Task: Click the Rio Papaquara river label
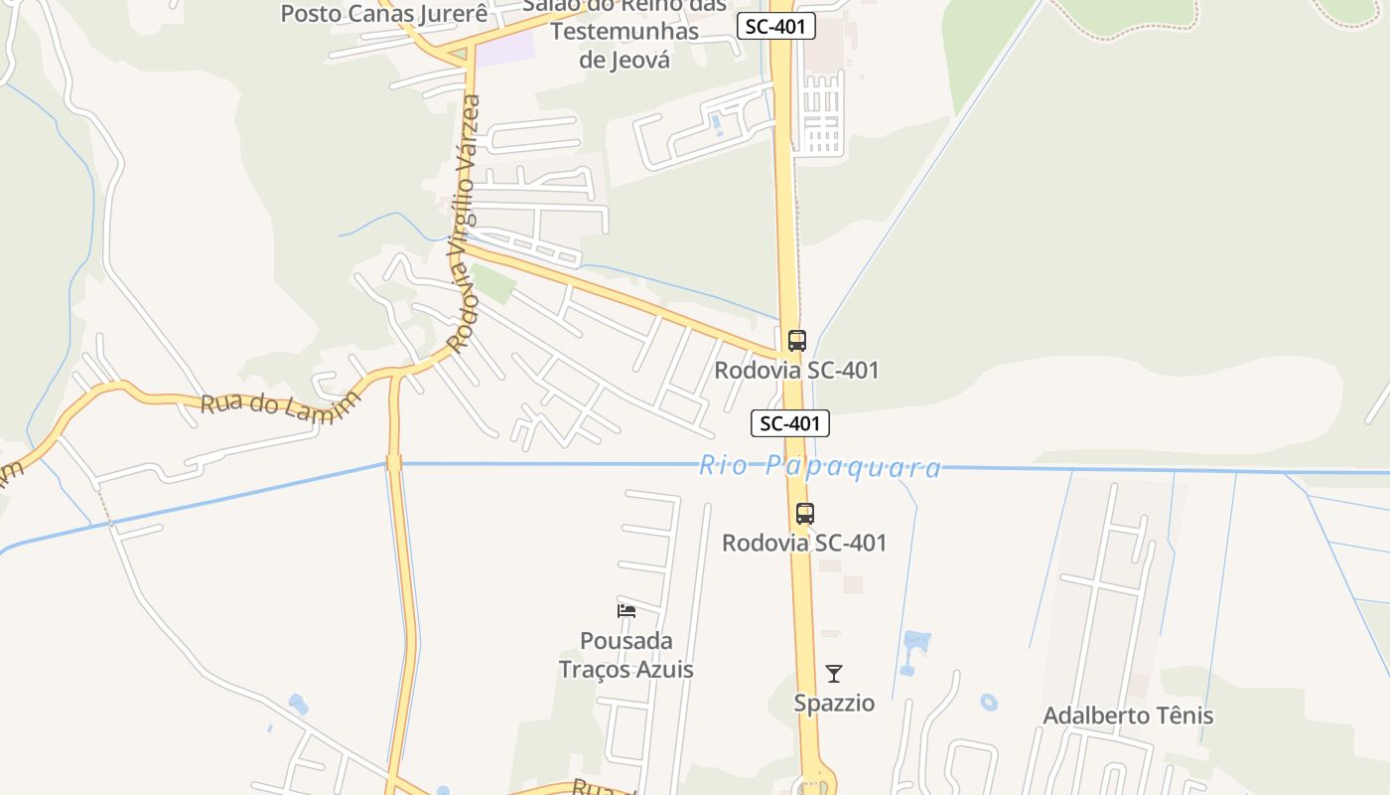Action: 820,466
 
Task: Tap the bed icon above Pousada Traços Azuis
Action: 626,610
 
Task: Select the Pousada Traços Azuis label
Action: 625,655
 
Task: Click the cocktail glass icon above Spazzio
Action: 834,674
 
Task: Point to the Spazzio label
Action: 834,704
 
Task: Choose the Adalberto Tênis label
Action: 1128,715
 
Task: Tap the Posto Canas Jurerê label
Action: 384,14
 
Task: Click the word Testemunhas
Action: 625,32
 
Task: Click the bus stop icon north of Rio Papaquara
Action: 796,341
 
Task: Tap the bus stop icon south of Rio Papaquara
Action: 804,514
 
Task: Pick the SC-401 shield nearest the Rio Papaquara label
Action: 789,423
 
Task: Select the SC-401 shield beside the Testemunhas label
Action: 776,27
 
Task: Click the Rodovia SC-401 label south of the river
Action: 804,544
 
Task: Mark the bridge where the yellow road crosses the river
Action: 394,463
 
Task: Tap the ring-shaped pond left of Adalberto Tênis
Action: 989,702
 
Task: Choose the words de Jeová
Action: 625,60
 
